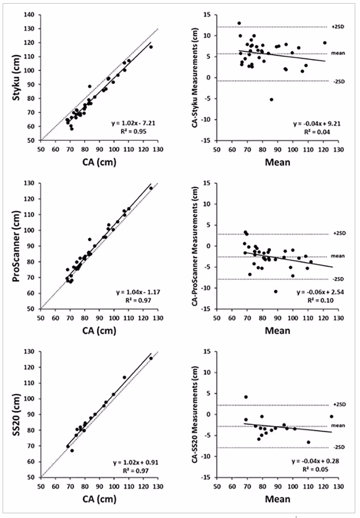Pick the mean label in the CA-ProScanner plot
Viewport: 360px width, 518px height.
[337, 256]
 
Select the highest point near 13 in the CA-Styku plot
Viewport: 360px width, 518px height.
[239, 23]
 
